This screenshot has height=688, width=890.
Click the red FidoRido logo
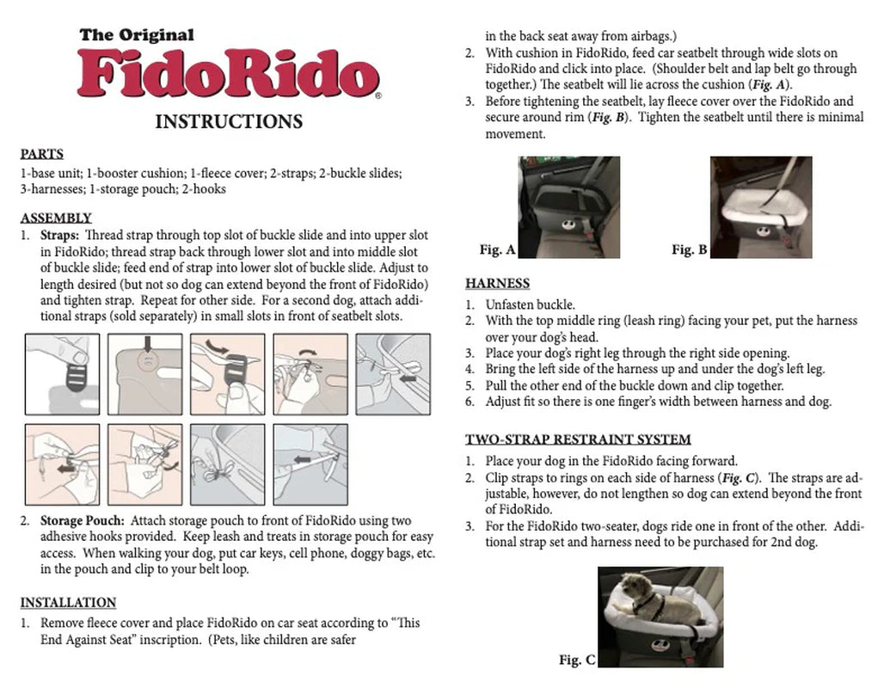pyautogui.click(x=228, y=74)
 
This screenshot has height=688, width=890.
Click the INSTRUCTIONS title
pyautogui.click(x=228, y=121)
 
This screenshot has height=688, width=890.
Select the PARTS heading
pyautogui.click(x=41, y=155)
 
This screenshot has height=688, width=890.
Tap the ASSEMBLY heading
pyautogui.click(x=56, y=218)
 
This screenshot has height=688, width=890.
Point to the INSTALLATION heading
pyautogui.click(x=68, y=602)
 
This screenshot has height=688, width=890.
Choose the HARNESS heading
pyautogui.click(x=497, y=284)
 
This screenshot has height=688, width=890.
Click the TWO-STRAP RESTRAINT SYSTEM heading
pyautogui.click(x=578, y=439)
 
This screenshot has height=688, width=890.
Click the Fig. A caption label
pyautogui.click(x=497, y=250)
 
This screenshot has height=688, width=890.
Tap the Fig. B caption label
pyautogui.click(x=690, y=250)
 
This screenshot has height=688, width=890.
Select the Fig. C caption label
pyautogui.click(x=577, y=660)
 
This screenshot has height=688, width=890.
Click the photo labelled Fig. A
pyautogui.click(x=568, y=207)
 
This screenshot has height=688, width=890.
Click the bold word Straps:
pyautogui.click(x=60, y=235)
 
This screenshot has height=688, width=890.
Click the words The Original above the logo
pyautogui.click(x=137, y=35)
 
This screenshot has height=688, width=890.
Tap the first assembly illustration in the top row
pyautogui.click(x=61, y=374)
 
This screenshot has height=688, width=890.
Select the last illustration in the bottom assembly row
pyautogui.click(x=310, y=464)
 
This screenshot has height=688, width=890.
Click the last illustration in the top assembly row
pyautogui.click(x=392, y=374)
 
